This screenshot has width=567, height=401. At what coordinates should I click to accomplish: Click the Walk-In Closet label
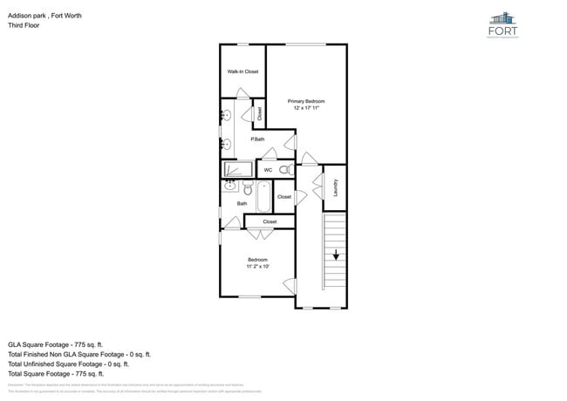[243, 71]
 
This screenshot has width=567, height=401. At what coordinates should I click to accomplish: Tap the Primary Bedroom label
[306, 101]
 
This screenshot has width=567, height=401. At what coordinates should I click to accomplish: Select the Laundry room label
[336, 187]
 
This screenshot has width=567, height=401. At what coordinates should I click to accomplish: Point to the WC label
[268, 170]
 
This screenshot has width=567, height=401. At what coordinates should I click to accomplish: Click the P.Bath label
[257, 139]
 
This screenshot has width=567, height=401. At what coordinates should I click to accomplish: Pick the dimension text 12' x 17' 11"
[306, 108]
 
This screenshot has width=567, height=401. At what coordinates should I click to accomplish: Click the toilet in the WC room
[285, 170]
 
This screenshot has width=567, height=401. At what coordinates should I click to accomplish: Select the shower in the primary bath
[238, 169]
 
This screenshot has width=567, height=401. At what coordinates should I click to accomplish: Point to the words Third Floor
[24, 25]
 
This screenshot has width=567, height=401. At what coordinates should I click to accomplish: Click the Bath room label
[242, 204]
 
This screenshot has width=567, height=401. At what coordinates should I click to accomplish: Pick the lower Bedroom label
[256, 260]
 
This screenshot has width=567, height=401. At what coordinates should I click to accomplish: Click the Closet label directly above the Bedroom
[270, 221]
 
